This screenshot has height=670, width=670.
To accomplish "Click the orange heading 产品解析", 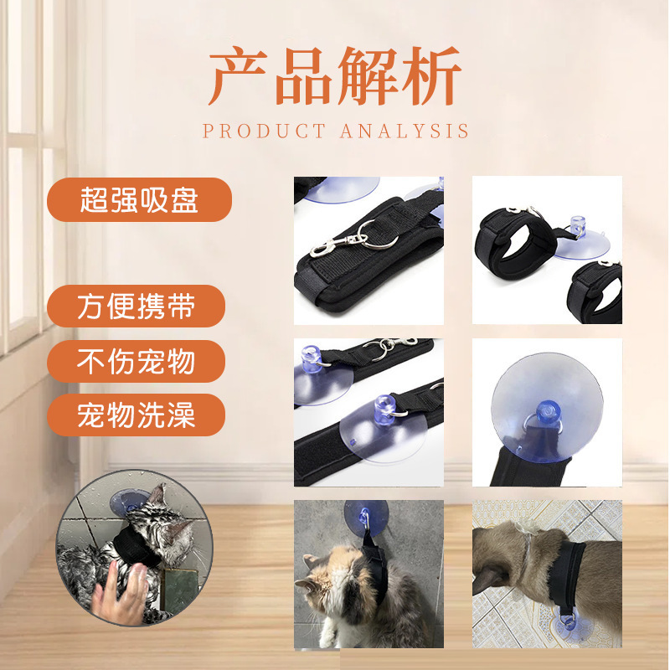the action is tap(335, 76).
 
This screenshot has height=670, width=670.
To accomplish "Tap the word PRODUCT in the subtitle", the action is tap(264, 131).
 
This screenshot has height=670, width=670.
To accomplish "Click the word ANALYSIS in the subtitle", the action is tap(405, 131).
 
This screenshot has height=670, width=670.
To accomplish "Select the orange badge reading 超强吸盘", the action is tap(139, 199).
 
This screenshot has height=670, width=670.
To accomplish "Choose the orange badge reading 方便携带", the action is tap(136, 306).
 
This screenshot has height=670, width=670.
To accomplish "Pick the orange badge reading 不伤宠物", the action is tap(136, 361).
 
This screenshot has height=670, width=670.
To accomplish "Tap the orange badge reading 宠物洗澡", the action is tap(136, 415).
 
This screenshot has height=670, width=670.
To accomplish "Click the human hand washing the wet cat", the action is tap(121, 592).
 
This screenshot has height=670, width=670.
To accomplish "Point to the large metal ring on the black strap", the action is tap(379, 234).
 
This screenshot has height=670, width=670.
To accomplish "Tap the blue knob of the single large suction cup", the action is tap(548, 411).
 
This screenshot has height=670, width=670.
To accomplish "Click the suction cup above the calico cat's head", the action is tap(366, 518).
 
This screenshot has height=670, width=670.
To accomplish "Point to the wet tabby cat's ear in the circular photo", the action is tap(158, 494).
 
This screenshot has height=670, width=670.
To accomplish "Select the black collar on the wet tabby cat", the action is tap(135, 547).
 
